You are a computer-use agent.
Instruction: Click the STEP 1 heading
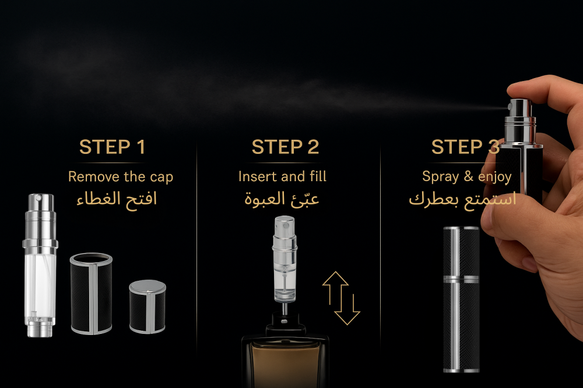pos(112,147)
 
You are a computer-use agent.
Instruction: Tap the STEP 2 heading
pos(285,147)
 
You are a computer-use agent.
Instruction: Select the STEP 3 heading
pos(465,147)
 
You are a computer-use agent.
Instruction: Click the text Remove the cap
pos(121,177)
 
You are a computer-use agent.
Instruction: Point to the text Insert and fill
pos(282,176)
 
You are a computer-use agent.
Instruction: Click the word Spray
pos(441,177)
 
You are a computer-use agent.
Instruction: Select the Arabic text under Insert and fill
pos(282,199)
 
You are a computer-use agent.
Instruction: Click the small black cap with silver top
pos(147,306)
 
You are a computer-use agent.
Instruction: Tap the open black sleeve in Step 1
pos(91,294)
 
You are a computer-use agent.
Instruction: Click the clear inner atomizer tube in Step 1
pos(40,265)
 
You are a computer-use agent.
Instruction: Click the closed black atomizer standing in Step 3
pos(461,299)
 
